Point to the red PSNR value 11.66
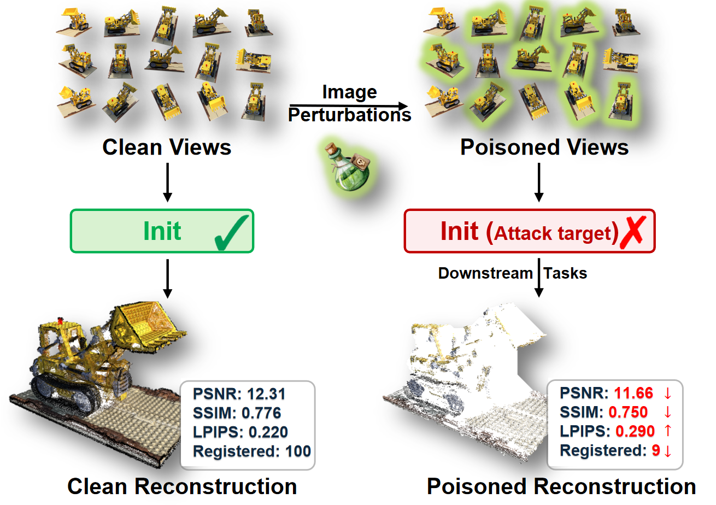tap(633, 393)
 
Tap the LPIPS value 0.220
tap(268, 432)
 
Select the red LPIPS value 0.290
tap(635, 431)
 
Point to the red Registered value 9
tap(656, 451)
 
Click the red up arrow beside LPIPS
tap(667, 431)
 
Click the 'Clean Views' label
tap(167, 148)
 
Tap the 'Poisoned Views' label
tap(544, 148)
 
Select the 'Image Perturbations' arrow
tap(350, 105)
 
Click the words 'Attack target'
tap(552, 234)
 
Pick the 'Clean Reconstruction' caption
tap(182, 486)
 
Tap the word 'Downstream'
tap(485, 273)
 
